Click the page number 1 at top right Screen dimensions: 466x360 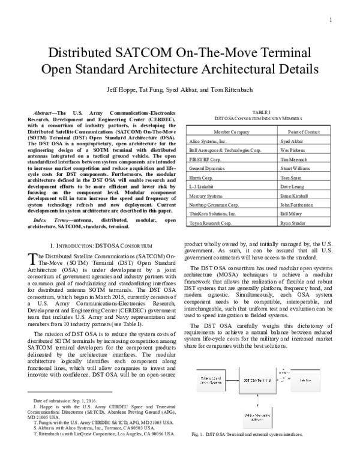[331, 20]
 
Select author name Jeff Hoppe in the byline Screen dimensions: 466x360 [122, 89]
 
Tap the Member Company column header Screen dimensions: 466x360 [231, 130]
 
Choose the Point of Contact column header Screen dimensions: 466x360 [303, 130]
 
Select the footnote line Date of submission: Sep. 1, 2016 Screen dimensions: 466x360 [61, 400]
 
